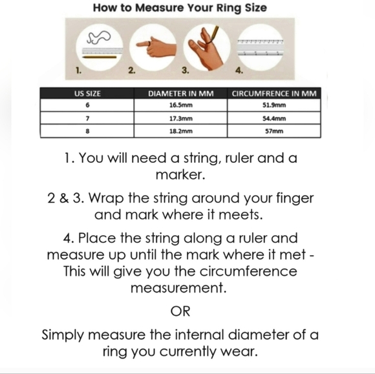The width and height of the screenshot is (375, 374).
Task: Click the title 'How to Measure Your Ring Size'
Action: coord(180,8)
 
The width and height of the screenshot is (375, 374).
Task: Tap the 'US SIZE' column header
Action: coord(87,94)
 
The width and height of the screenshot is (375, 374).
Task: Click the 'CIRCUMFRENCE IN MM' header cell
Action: coord(275,94)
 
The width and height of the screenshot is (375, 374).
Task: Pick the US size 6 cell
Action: coord(87,105)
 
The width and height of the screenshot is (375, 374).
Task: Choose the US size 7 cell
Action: coord(87,118)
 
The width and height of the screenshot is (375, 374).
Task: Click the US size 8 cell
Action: coord(87,131)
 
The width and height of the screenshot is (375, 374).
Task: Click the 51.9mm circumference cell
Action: coord(275,105)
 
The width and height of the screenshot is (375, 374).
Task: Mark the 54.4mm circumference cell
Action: coord(275,118)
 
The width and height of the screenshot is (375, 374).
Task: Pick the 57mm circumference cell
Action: coord(275,131)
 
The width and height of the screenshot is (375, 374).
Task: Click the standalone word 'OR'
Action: coord(180,311)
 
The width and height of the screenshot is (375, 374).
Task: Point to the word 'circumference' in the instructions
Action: coord(239,271)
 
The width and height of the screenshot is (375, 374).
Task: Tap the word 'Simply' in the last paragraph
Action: coord(65,335)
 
